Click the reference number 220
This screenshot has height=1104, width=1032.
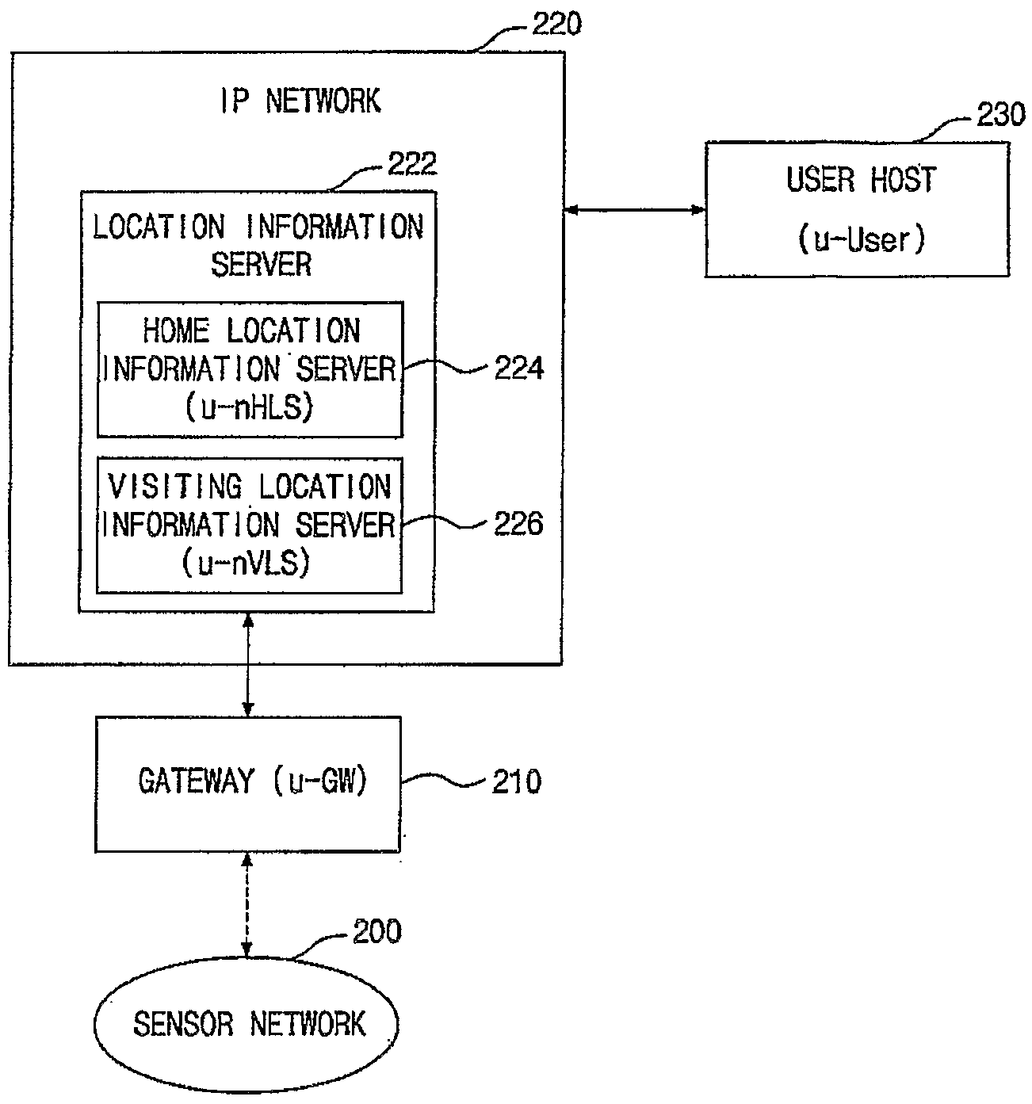[556, 25]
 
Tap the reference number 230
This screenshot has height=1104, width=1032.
[1001, 115]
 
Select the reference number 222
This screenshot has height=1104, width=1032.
[411, 164]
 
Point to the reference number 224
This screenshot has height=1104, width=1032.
[519, 369]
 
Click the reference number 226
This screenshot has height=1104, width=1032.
[518, 524]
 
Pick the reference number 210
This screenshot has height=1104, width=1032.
[517, 781]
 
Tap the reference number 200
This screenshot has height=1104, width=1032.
[377, 932]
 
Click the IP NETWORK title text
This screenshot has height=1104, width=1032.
[300, 101]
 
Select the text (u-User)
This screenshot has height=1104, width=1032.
[862, 239]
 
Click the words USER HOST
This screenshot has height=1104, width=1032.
[862, 180]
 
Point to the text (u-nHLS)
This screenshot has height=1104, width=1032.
[250, 407]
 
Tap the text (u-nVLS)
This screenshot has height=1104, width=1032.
[246, 563]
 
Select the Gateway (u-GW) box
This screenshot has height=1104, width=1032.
[248, 785]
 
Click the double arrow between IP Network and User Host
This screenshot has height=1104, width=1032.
[634, 210]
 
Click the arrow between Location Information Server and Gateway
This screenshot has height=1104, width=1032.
[248, 665]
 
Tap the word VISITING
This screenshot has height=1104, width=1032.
[175, 487]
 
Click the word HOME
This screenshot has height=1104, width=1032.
[176, 330]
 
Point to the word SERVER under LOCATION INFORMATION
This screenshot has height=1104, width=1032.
[261, 264]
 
